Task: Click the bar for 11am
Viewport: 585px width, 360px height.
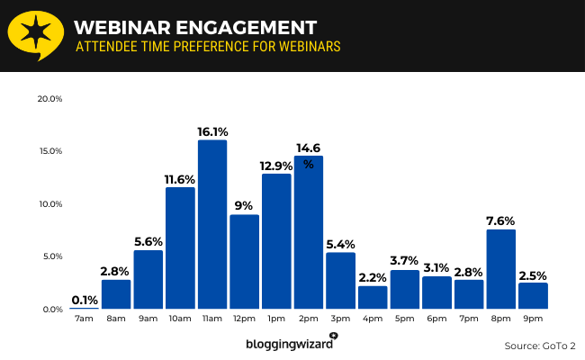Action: click(212, 225)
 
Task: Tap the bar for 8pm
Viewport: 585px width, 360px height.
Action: click(501, 269)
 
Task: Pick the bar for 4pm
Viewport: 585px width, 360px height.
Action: click(373, 297)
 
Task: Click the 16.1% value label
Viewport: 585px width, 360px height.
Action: click(212, 131)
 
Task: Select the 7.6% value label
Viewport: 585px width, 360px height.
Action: click(501, 220)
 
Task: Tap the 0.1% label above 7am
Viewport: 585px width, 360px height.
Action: click(84, 299)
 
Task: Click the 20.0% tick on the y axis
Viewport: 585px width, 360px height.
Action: click(49, 98)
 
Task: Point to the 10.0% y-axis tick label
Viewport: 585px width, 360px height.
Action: click(49, 203)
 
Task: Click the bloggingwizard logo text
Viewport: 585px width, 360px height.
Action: click(289, 344)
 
